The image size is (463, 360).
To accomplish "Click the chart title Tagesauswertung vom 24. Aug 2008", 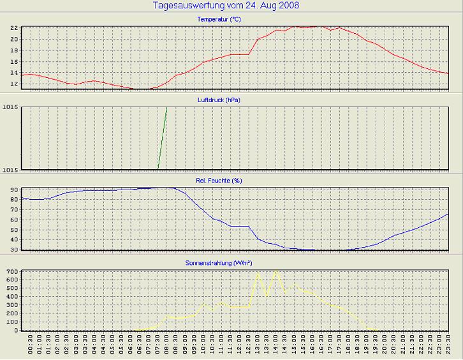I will [x=226, y=5].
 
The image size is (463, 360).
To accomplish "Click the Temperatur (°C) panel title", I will [x=219, y=20].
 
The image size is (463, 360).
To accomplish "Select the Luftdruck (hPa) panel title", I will [x=219, y=100].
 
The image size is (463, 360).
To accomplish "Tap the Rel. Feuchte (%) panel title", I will [x=219, y=181].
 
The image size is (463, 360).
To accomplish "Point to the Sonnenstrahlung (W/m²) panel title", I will [x=219, y=262].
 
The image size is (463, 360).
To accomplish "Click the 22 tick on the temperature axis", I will [x=13, y=29].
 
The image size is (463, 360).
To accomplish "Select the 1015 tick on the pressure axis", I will [x=10, y=169].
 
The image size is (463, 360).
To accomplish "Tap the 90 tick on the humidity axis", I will [x=13, y=190].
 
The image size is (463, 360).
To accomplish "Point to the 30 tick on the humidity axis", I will [x=13, y=250].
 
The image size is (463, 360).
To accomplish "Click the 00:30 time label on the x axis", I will [x=31, y=346].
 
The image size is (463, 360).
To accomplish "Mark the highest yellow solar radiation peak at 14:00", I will [x=276, y=271].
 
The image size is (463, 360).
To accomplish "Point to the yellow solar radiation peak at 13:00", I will [x=258, y=274].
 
